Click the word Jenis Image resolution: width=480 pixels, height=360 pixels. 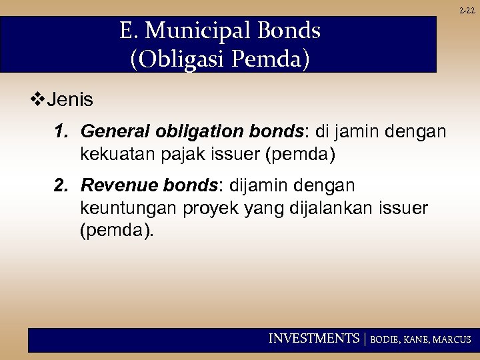70,101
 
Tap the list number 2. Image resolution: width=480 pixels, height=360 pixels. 62,184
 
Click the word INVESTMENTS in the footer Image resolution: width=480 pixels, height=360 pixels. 313,339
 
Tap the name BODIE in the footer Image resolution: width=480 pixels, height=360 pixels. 384,339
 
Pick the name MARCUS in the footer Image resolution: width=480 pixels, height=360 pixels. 452,339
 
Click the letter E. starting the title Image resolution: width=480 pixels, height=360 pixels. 128,31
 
